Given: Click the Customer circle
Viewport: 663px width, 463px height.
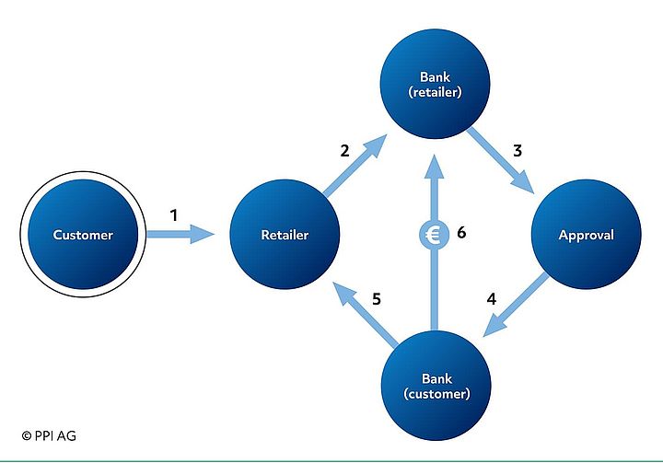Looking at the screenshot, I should tap(83, 235).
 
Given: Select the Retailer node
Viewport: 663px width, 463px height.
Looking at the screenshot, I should tap(284, 235).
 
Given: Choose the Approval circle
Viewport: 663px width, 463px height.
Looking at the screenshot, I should tap(586, 235).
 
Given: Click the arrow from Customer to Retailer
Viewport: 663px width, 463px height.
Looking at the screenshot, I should tap(180, 236).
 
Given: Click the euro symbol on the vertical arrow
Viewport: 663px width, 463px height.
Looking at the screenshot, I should tap(432, 235).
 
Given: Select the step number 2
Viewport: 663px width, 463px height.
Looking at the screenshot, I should tap(344, 150).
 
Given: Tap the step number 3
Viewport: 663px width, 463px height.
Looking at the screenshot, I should tap(518, 150).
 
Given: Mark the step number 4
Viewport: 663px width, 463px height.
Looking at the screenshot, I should tap(492, 299).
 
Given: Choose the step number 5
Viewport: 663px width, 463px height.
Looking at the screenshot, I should tap(377, 299).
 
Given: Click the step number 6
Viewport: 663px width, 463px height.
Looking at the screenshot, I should tap(461, 232).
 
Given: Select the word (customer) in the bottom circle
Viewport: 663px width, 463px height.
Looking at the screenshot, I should tap(435, 395).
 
